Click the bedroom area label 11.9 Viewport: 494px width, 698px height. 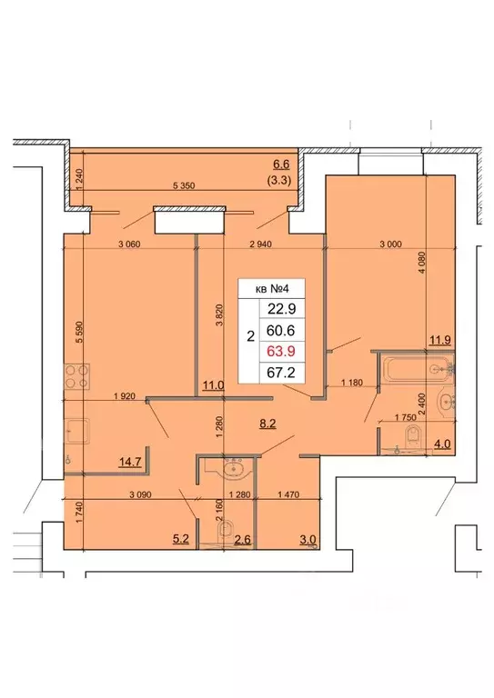[440, 341]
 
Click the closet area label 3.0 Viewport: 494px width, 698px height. [307, 540]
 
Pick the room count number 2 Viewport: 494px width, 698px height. [250, 337]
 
